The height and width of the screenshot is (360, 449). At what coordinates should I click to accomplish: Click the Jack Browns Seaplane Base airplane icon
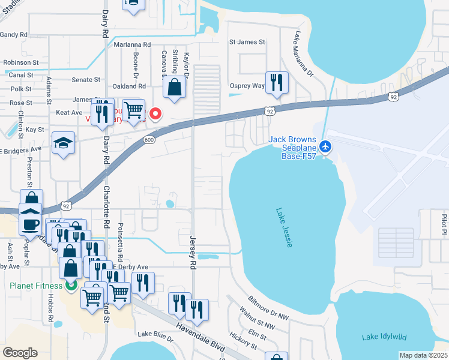pos(325,146)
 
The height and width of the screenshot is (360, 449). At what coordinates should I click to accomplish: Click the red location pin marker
pos(156,113)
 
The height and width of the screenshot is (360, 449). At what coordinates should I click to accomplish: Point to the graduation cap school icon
pos(63,143)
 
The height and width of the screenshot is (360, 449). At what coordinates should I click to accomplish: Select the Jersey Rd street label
pos(193,253)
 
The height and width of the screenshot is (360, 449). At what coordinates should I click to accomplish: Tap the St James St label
pos(247,42)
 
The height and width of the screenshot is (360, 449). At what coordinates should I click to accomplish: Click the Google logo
pos(20,353)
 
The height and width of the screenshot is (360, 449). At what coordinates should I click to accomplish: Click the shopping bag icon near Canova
pos(174,88)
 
